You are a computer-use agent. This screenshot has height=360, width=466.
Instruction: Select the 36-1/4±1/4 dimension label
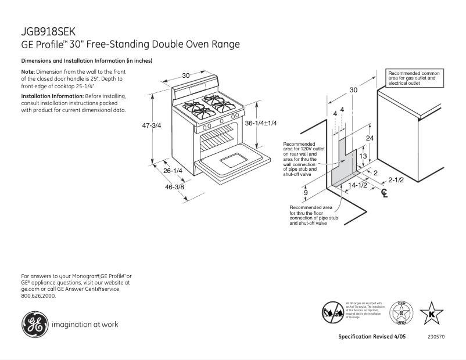tap(261, 123)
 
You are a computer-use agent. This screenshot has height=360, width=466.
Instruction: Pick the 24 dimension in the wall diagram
tap(370, 138)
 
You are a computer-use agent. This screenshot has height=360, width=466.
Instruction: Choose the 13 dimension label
tap(362, 156)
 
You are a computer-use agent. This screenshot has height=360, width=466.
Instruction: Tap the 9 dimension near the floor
tap(305, 192)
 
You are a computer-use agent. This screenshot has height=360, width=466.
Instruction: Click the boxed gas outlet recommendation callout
tap(414, 78)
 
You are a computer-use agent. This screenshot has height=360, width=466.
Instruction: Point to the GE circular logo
tap(34, 324)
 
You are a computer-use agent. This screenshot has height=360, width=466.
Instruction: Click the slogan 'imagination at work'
tap(85, 325)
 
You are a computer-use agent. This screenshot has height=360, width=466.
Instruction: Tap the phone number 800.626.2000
tap(38, 296)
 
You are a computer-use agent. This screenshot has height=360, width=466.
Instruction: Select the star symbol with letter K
tap(431, 314)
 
